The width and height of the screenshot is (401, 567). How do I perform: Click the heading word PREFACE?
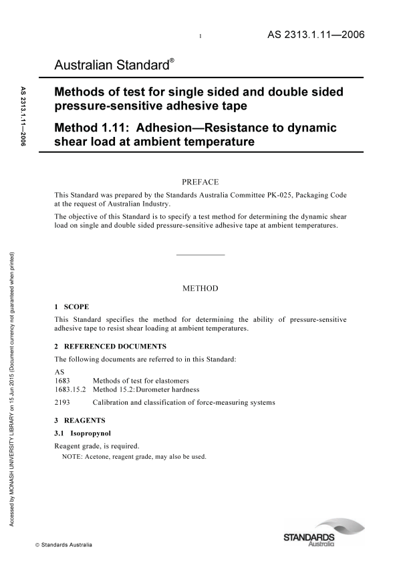(200, 181)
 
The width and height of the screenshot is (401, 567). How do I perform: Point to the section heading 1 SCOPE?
(69, 306)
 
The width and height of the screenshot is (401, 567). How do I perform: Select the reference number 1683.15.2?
(70, 389)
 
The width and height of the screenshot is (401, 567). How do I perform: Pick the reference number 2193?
(62, 403)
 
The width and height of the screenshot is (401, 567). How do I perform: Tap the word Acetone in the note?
(96, 457)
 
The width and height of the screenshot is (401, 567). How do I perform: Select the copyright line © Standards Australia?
(63, 546)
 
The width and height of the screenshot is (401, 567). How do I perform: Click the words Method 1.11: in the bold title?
(90, 128)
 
